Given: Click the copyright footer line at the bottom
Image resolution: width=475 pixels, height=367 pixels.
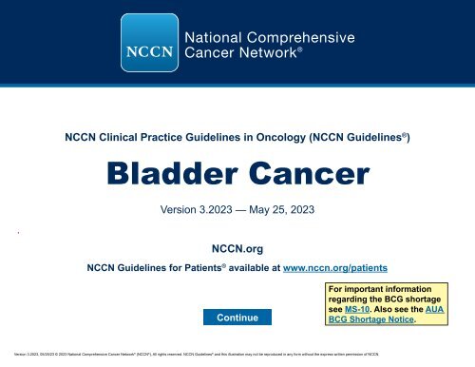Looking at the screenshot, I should [208, 359].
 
